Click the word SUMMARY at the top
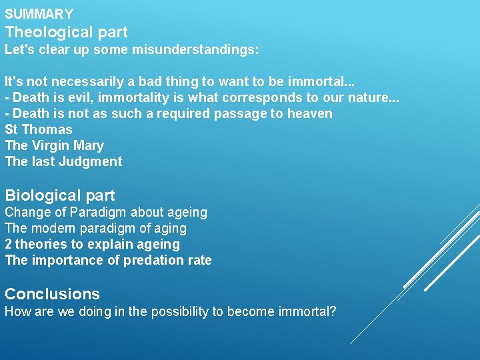click(39, 14)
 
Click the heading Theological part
click(66, 32)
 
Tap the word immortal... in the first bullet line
click(321, 82)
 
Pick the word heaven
click(309, 114)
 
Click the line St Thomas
click(38, 130)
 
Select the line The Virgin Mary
click(54, 146)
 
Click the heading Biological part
click(60, 196)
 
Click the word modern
click(53, 229)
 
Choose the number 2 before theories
click(9, 245)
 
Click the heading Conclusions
click(52, 294)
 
